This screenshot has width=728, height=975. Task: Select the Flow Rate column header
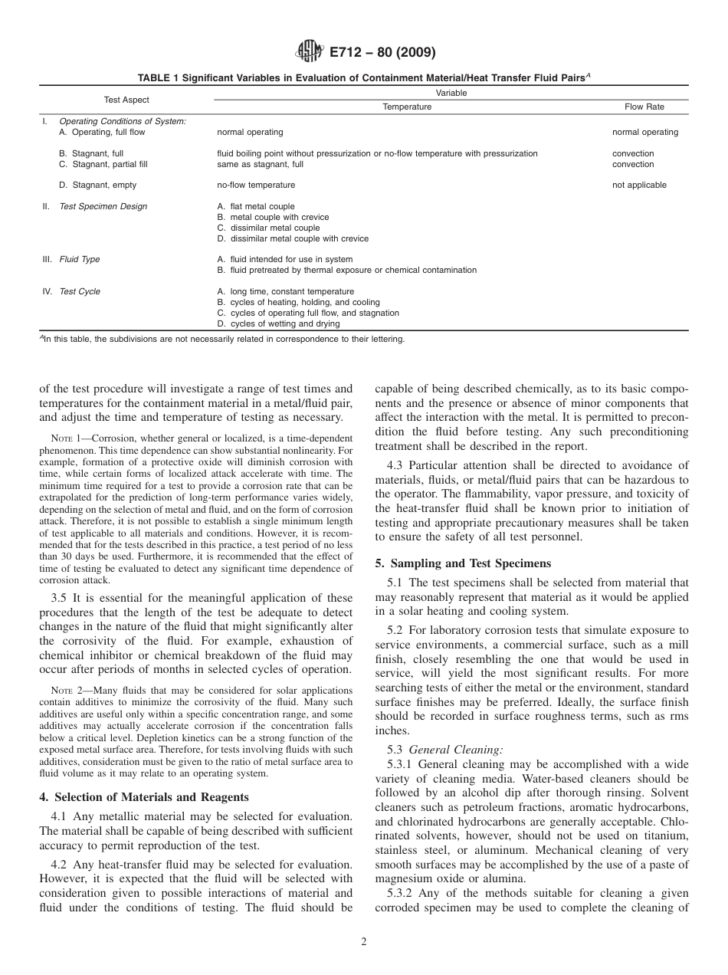pos(644,107)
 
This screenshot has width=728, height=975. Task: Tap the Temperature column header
pos(407,107)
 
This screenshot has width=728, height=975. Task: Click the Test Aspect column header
pos(126,100)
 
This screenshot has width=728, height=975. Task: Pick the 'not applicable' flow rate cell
pos(639,185)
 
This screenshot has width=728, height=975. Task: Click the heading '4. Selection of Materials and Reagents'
pos(144,797)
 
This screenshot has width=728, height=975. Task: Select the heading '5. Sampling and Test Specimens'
pos(463,563)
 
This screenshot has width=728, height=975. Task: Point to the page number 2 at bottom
pos(364,943)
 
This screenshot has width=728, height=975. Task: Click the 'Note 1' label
pos(64,441)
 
